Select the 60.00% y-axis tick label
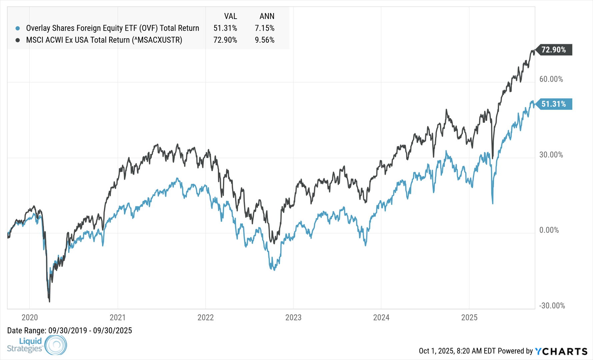551,79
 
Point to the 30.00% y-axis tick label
551,155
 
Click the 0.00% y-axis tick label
549,230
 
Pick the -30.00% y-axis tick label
552,306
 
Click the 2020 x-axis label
30,317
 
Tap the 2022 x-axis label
205,317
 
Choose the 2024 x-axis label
381,317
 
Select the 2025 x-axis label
469,317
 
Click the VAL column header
230,16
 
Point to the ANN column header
267,16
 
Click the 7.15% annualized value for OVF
264,28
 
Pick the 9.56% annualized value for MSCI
264,40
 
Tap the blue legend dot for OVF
18,28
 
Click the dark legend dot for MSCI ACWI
18,40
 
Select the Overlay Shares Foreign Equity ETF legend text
112,28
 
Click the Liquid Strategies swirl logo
56,345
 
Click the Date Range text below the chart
69,331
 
